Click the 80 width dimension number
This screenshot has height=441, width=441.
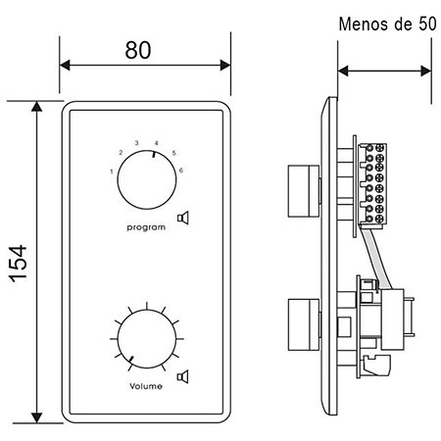(x=138, y=50)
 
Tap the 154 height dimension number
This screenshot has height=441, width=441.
(x=19, y=264)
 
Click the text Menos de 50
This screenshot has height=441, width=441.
(x=387, y=24)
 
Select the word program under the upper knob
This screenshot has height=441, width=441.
(x=146, y=227)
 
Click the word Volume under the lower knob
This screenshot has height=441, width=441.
(x=146, y=386)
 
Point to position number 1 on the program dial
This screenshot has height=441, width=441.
(x=112, y=171)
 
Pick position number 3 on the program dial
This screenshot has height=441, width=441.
(x=137, y=143)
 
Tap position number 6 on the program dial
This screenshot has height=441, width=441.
(x=181, y=171)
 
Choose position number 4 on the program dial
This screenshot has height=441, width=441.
(x=157, y=143)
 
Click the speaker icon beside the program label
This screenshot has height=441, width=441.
(x=183, y=218)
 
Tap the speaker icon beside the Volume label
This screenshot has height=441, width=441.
(x=183, y=376)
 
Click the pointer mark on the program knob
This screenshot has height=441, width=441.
(x=154, y=154)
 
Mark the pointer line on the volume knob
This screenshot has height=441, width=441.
(x=131, y=360)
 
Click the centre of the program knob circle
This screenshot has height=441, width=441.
(x=147, y=179)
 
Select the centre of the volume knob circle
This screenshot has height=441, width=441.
(x=147, y=339)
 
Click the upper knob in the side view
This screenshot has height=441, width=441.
(x=304, y=191)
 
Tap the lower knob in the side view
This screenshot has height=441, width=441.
(x=304, y=325)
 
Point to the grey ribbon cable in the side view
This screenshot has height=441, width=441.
(x=375, y=258)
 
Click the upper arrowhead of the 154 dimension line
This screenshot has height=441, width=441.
(x=37, y=106)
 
